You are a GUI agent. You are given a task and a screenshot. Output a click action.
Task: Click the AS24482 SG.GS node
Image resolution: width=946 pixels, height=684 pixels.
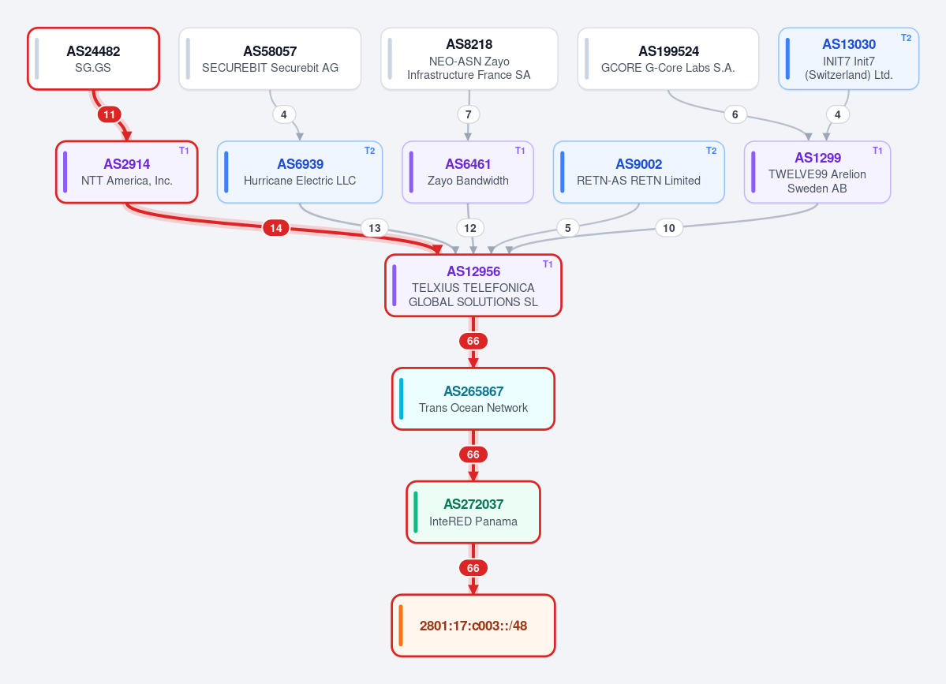(x=94, y=58)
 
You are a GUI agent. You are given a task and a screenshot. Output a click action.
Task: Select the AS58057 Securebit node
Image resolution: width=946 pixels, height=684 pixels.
(x=270, y=58)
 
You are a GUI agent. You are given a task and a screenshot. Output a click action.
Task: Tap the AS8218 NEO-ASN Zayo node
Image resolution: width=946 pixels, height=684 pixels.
(x=469, y=58)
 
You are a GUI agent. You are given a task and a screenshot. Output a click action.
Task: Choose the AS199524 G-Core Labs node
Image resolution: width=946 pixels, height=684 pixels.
(x=667, y=58)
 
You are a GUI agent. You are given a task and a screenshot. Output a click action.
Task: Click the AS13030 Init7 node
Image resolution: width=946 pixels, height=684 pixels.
(x=848, y=58)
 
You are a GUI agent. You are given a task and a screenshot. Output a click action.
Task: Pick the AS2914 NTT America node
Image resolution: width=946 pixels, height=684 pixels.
(x=127, y=172)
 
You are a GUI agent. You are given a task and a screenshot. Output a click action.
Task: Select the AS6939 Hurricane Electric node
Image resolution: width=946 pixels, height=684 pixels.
(x=300, y=172)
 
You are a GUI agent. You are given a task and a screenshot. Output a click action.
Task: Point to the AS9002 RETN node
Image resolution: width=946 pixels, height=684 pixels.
(x=638, y=172)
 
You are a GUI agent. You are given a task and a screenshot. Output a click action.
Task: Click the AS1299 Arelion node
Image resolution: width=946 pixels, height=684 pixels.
(x=817, y=172)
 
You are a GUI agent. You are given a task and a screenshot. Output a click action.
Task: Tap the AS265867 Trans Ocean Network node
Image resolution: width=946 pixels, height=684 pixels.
(x=473, y=398)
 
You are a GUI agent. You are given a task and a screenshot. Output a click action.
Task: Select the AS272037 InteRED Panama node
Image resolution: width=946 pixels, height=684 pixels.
(x=473, y=512)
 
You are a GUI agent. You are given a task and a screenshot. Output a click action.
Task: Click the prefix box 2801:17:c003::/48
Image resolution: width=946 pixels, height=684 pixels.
(x=473, y=626)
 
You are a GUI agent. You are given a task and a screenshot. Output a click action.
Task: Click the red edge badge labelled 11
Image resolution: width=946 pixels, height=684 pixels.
(x=109, y=114)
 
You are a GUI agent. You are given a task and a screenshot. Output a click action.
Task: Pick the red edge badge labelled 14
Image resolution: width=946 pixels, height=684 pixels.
(x=275, y=228)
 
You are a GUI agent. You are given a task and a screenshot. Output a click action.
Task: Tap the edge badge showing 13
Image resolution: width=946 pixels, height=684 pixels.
(x=375, y=228)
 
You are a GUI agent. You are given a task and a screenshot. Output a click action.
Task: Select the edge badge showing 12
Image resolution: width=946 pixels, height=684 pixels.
(x=470, y=228)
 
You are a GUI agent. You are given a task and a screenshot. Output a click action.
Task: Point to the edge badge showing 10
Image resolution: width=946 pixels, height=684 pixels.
(x=668, y=228)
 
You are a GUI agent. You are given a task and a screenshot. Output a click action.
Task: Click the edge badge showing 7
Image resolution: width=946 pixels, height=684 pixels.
(x=468, y=114)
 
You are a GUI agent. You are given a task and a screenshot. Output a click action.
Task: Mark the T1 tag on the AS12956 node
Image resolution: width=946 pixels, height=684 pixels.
(x=548, y=264)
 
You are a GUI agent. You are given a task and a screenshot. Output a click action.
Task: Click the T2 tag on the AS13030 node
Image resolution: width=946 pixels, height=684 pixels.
(x=907, y=37)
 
